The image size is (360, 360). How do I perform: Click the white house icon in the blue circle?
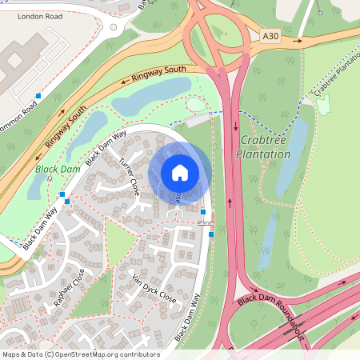[x=180, y=173]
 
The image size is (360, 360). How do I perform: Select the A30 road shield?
[x=273, y=35]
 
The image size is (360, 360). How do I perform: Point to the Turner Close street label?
[x=130, y=177]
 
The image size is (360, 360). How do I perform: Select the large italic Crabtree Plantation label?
[x=262, y=147]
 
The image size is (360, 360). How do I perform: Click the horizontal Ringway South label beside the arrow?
[x=159, y=74]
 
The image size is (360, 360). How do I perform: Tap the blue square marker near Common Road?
[x=38, y=96]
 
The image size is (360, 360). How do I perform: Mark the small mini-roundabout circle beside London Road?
[x=114, y=27]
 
